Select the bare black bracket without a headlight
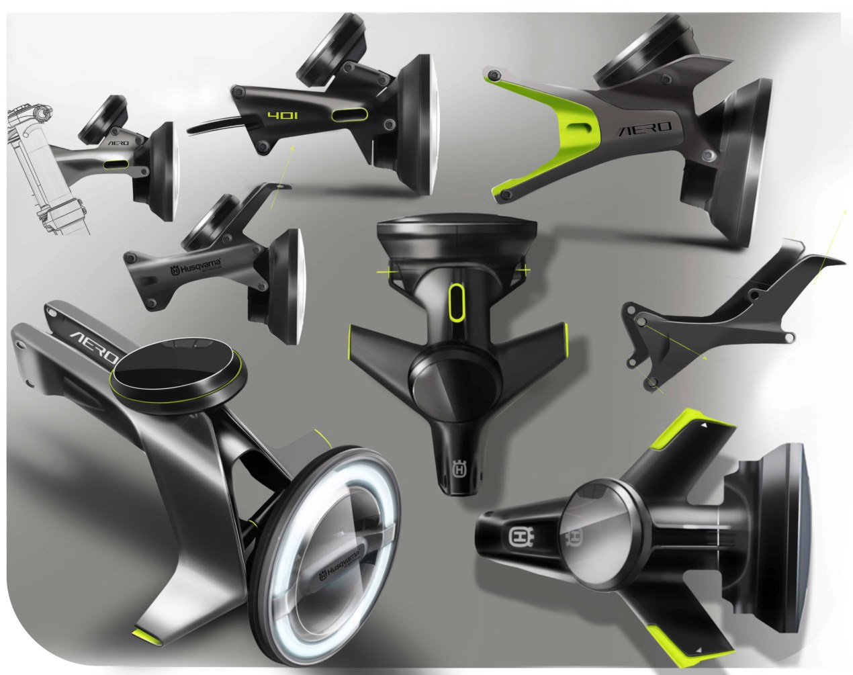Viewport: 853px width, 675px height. pos(712,316)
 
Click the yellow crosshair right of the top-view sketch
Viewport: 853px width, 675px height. pos(522,271)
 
